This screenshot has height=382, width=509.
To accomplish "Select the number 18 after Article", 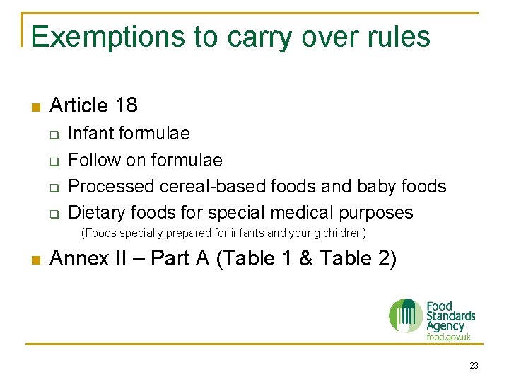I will click(125, 106).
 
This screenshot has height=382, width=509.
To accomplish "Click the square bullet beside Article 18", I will click(35, 108).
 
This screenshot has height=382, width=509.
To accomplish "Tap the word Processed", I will click(111, 187).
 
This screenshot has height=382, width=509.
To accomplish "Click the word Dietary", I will click(93, 213).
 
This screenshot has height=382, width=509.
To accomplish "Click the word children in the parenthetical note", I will click(346, 233).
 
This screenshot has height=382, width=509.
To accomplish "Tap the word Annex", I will click(77, 259).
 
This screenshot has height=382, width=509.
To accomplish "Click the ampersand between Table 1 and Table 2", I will click(305, 259).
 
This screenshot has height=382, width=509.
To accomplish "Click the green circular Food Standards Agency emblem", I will click(406, 316).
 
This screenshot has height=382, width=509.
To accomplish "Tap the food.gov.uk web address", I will click(448, 337).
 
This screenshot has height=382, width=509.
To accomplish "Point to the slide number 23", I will click(474, 366).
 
